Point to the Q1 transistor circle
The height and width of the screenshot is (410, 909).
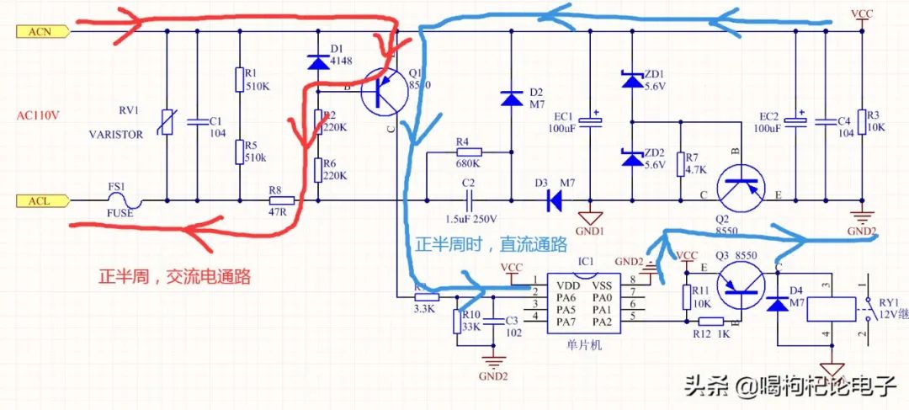point(385,93)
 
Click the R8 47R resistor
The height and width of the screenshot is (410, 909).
point(281,202)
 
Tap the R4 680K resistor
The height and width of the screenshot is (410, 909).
point(468,152)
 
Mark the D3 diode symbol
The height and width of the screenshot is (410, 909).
point(555,201)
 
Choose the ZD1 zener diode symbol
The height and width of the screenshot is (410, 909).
point(631,80)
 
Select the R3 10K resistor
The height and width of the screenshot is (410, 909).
point(861,123)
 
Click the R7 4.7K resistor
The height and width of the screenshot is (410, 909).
point(680,163)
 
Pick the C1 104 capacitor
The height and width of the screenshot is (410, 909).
point(195,123)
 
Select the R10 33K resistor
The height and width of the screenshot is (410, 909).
point(457,321)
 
